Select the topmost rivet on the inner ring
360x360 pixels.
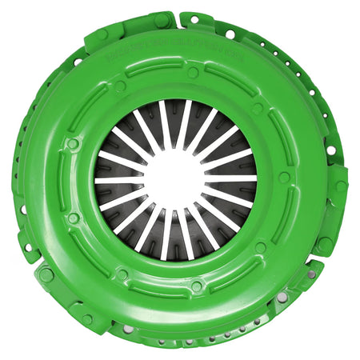[193, 73]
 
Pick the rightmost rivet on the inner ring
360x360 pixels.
[284, 178]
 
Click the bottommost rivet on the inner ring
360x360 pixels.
[196, 286]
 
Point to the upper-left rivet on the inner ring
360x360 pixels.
[120, 86]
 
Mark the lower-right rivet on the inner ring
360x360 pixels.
[260, 247]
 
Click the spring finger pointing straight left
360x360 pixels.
[112, 180]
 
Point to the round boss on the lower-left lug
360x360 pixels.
[46, 274]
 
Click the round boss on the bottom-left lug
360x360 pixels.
[86, 319]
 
